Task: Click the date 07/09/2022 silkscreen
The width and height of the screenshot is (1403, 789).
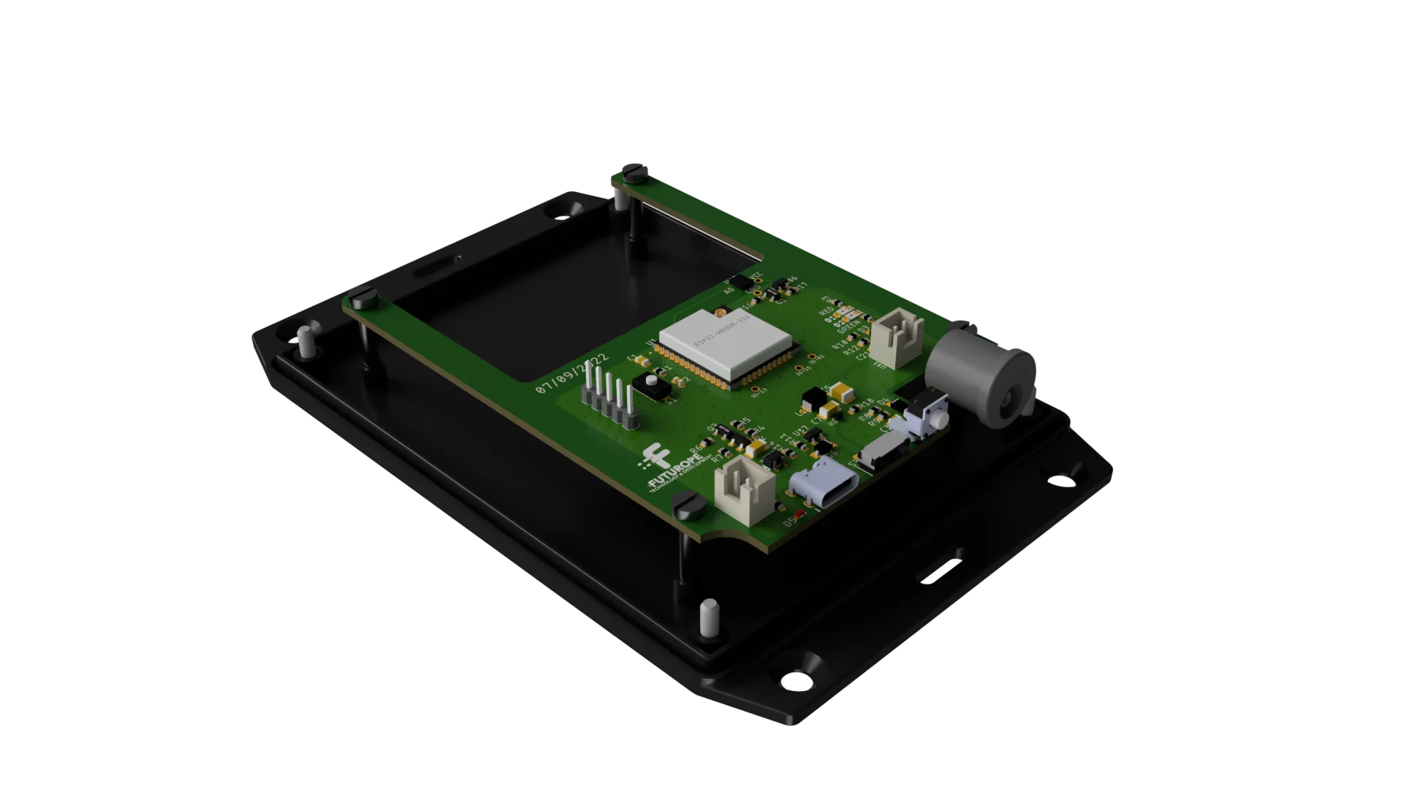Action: (x=572, y=376)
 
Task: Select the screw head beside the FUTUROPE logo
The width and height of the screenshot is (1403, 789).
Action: (x=688, y=505)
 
